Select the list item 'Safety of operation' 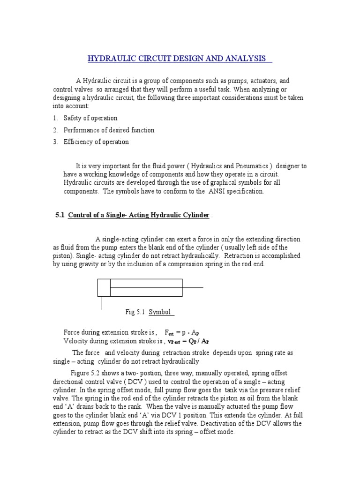[90, 118]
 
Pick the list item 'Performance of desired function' [109, 130]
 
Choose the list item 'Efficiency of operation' [96, 142]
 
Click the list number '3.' [55, 142]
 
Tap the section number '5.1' [60, 215]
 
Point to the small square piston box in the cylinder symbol [104, 287]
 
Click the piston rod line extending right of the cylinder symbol [193, 287]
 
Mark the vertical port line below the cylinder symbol [102, 303]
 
